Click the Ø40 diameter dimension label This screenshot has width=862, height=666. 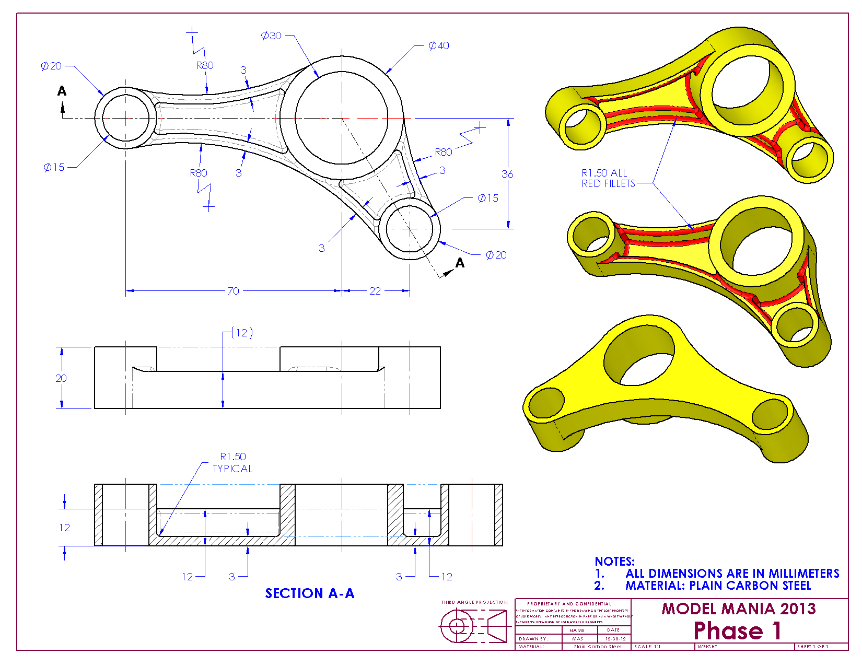(439, 46)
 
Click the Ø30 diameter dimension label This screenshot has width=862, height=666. (271, 36)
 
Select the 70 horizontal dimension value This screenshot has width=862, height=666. (233, 291)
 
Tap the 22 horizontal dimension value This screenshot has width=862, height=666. (375, 291)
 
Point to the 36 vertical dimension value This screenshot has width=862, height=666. (507, 174)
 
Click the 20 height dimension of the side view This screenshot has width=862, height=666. (61, 378)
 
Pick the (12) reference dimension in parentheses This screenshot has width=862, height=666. (242, 333)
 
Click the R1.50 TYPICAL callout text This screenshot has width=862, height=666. (232, 463)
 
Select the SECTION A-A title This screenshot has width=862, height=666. (309, 593)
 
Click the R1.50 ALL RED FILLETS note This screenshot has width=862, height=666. (608, 178)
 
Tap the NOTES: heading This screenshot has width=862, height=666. (614, 562)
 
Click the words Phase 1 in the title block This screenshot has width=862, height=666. (737, 630)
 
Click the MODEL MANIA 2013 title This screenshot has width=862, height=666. (738, 609)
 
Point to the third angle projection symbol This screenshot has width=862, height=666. (473, 626)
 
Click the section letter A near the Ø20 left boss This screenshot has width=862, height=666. (62, 91)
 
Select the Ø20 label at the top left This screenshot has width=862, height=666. (51, 66)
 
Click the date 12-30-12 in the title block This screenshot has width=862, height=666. (615, 639)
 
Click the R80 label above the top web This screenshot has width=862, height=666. (205, 65)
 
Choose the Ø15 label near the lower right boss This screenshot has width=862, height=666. (488, 198)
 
